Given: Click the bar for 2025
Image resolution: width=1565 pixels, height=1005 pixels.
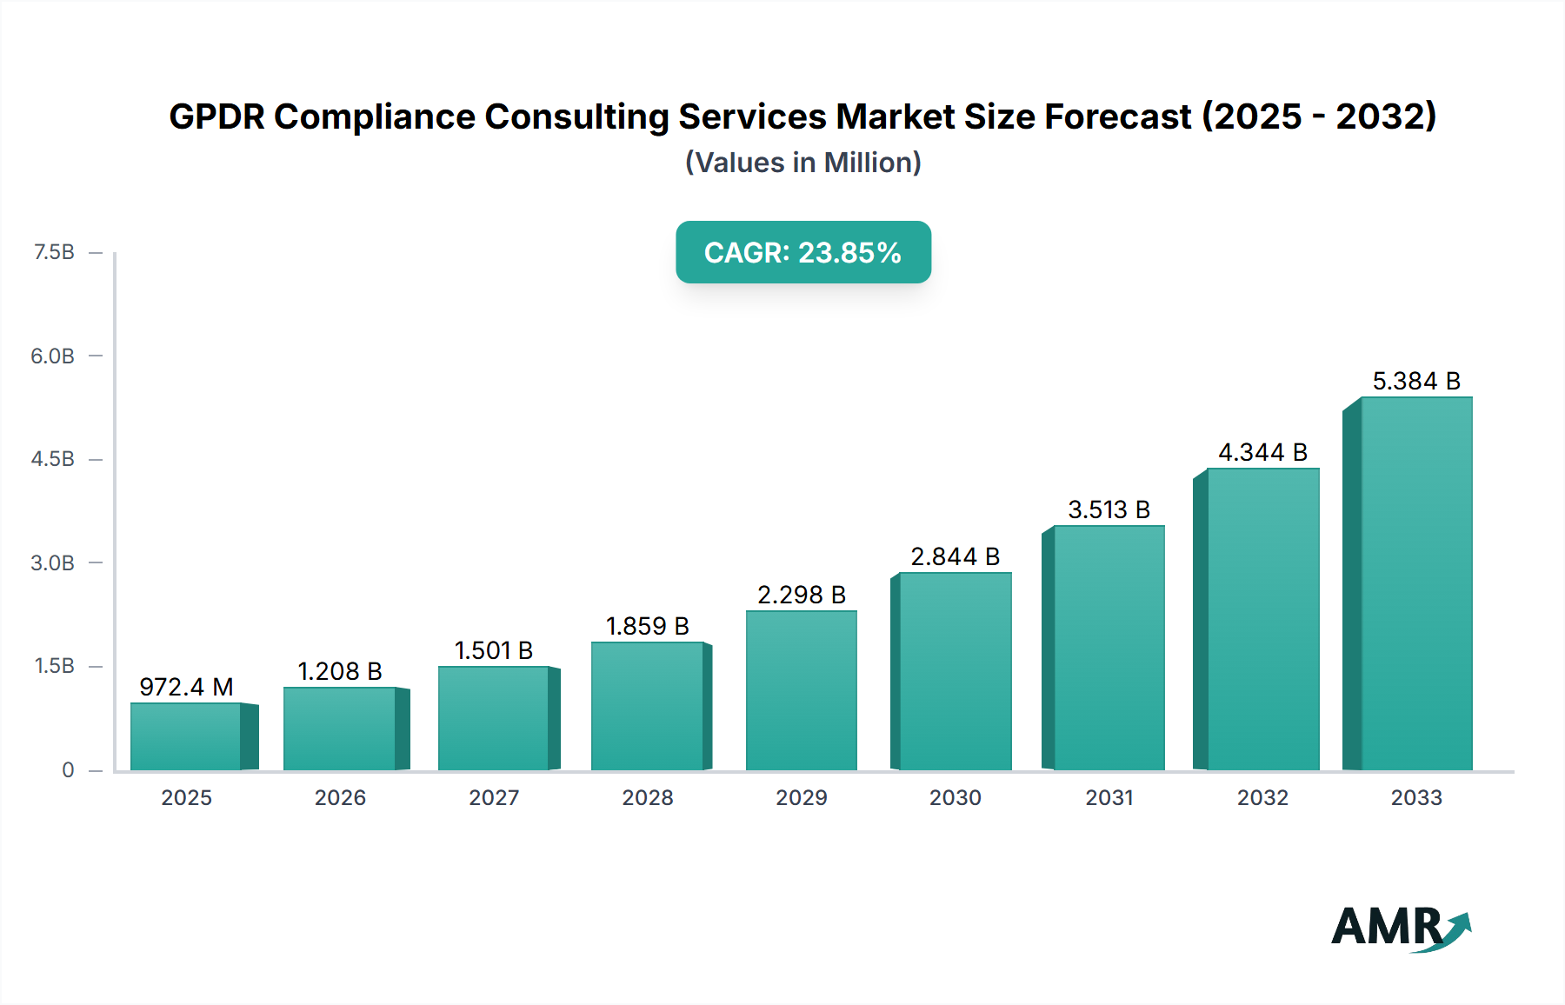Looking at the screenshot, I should click(186, 736).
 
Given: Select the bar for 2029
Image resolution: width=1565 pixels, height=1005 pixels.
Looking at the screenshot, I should click(801, 690).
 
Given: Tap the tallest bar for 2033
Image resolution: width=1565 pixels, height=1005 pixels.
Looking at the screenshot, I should click(1416, 583).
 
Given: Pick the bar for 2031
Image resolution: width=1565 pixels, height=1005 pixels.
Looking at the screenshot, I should click(1109, 648).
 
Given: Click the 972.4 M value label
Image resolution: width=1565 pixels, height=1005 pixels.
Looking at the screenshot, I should click(186, 687).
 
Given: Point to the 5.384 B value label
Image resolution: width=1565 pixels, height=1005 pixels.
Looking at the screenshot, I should click(1416, 381).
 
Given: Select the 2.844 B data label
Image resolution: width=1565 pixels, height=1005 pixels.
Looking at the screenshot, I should click(955, 556).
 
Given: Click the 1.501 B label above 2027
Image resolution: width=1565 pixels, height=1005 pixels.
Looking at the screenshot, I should click(493, 650).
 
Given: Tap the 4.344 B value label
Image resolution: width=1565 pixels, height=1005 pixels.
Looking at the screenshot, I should click(1262, 452).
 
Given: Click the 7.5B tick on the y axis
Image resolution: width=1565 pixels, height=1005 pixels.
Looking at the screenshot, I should click(54, 252).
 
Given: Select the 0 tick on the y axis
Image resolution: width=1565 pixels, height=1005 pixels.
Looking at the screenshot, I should click(68, 769).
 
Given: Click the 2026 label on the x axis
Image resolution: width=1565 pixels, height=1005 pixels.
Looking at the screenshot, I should click(340, 797).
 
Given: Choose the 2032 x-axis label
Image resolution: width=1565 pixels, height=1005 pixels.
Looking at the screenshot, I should click(1262, 797).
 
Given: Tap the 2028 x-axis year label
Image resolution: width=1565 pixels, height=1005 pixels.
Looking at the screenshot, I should click(648, 797).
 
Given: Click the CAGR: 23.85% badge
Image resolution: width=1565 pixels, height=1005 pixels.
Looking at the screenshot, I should click(802, 252).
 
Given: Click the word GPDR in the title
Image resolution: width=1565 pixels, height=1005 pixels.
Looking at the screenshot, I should click(216, 116).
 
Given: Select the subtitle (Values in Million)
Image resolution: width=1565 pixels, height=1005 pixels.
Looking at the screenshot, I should click(802, 163).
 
